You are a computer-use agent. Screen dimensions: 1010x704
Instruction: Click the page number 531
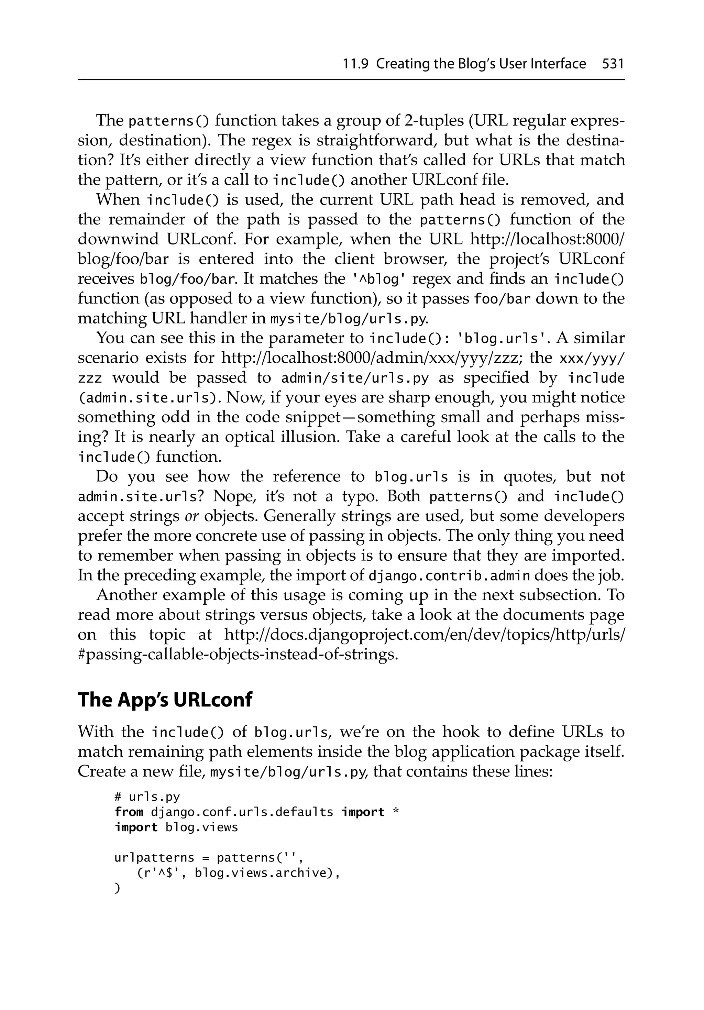613,64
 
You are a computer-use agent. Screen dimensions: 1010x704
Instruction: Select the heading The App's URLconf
165,700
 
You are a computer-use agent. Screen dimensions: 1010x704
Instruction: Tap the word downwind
118,239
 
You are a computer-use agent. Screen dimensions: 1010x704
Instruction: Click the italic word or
192,516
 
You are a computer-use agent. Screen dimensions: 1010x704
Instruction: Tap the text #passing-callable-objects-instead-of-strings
238,655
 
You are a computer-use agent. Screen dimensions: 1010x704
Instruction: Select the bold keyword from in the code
129,812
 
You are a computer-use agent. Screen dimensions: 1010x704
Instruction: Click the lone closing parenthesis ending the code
117,888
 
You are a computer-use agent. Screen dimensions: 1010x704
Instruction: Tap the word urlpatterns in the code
154,857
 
